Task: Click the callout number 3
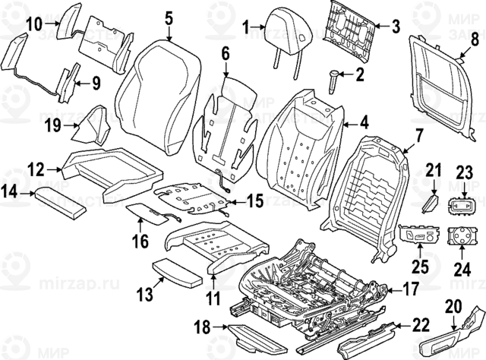pos(395,27)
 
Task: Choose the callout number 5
pos(168,16)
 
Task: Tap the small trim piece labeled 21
pos(430,204)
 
